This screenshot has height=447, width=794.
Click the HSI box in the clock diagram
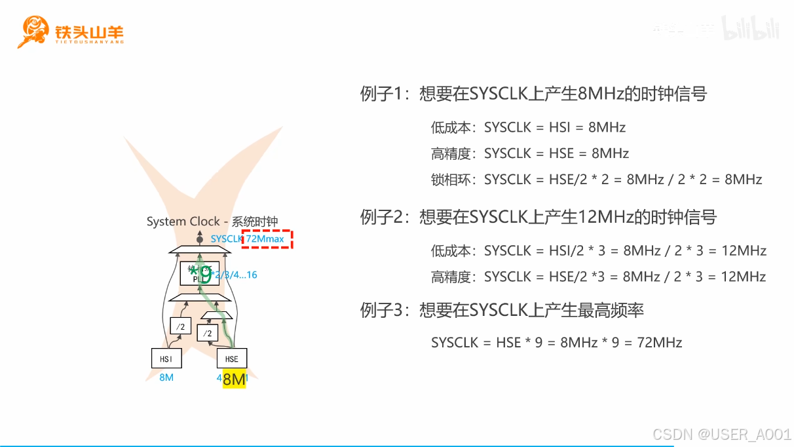[x=166, y=359]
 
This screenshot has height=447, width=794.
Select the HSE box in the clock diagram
[x=231, y=359]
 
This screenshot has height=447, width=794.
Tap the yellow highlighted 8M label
[x=234, y=379]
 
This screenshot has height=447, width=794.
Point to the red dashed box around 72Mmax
[x=267, y=239]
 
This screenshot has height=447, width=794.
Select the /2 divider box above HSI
[x=181, y=326]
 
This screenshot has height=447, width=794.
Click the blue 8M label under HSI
[x=166, y=378]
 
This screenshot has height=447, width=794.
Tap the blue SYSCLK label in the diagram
[x=226, y=239]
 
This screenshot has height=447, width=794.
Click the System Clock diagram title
[x=212, y=222]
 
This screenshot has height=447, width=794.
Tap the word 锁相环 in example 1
[x=451, y=180]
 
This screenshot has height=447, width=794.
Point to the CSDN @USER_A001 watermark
[x=722, y=435]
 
